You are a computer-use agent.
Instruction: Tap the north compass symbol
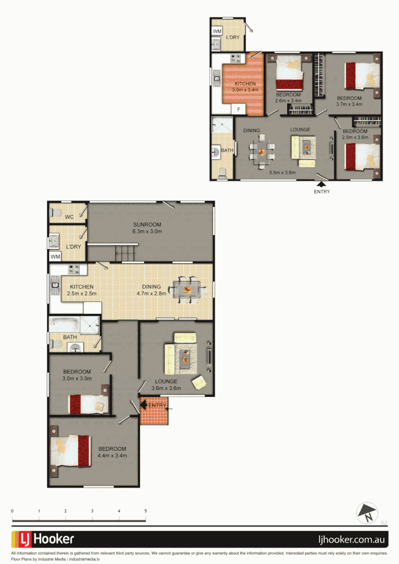coord(367,513)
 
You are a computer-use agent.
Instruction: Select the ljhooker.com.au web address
coord(353,539)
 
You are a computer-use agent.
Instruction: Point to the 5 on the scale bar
coord(146,511)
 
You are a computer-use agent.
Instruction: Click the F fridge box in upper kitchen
coord(239,109)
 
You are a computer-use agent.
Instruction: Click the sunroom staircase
coord(125,254)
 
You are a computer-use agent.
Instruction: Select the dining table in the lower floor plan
coord(186,289)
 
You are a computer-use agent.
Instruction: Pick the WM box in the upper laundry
coord(217,31)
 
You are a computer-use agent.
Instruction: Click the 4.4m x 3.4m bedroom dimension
coord(112,455)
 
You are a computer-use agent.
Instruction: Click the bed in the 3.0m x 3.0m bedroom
coord(88,404)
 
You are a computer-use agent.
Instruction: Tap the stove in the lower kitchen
coord(74,270)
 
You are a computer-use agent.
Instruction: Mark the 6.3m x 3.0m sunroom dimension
coord(147,231)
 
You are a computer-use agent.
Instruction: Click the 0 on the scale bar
coord(12,511)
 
